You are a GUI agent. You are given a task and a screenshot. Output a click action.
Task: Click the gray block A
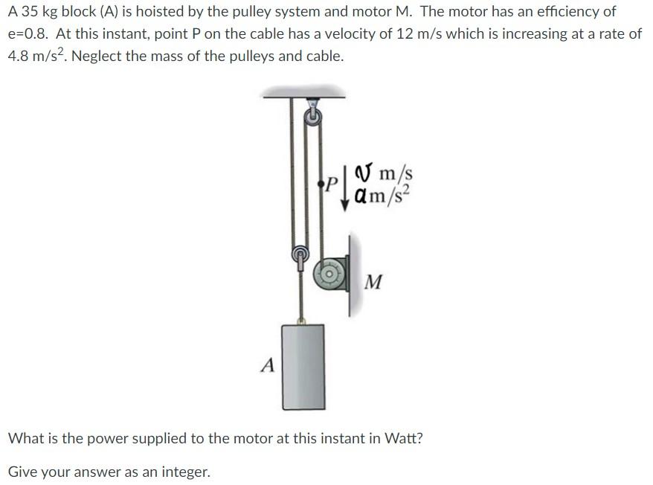pos(303,366)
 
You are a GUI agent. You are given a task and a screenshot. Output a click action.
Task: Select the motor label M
pos(375,282)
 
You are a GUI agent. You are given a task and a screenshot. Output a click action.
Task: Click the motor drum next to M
pos(328,274)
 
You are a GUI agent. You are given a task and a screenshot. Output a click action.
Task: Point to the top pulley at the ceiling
pos(312,116)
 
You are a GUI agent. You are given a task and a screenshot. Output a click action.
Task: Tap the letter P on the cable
pos(332,182)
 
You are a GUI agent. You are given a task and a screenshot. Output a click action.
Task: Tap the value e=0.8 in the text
pos(30,34)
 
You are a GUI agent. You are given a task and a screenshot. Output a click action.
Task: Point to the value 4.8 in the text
pos(19,57)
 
